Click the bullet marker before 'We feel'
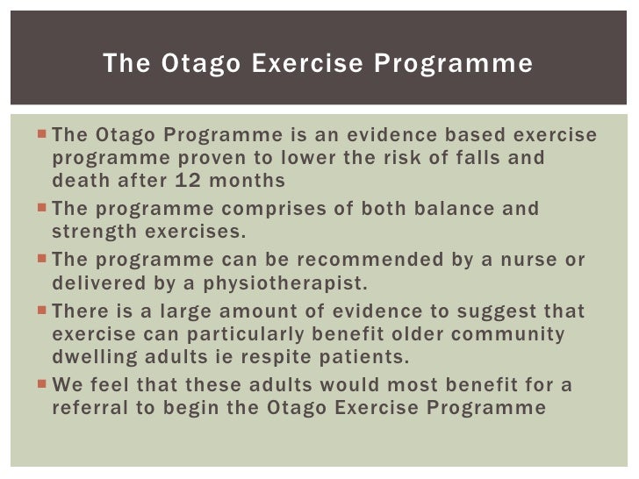(44, 384)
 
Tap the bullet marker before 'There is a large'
(44, 311)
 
